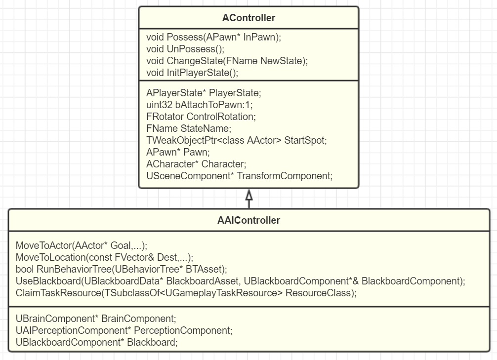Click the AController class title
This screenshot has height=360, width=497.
pos(248,18)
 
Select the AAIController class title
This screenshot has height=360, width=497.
pos(248,221)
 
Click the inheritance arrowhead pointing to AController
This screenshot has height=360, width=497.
pos(249,196)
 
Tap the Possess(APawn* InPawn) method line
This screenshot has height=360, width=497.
pos(213,38)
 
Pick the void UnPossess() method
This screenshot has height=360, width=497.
pos(185,49)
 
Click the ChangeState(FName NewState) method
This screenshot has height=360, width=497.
pos(227,61)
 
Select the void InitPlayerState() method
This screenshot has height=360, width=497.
pos(192,73)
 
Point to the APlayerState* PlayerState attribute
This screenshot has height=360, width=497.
pos(204,93)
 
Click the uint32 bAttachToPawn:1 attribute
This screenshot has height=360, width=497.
pos(200,105)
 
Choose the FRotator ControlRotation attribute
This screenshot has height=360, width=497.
pos(201,117)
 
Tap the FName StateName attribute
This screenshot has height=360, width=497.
pos(182,128)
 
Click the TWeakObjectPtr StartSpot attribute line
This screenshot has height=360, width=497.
pos(237,140)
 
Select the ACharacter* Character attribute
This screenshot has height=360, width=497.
pos(196,164)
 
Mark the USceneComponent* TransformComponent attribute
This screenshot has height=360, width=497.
pos(239,176)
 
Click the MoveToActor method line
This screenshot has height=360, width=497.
pos(82,245)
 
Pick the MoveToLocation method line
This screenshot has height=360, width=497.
pos(104,257)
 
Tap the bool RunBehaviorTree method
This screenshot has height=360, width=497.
pos(121,269)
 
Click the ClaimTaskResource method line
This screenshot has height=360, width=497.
pos(186,293)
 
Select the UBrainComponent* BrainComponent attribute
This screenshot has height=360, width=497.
pos(96,319)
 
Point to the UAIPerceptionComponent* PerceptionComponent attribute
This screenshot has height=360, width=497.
pos(124,330)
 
